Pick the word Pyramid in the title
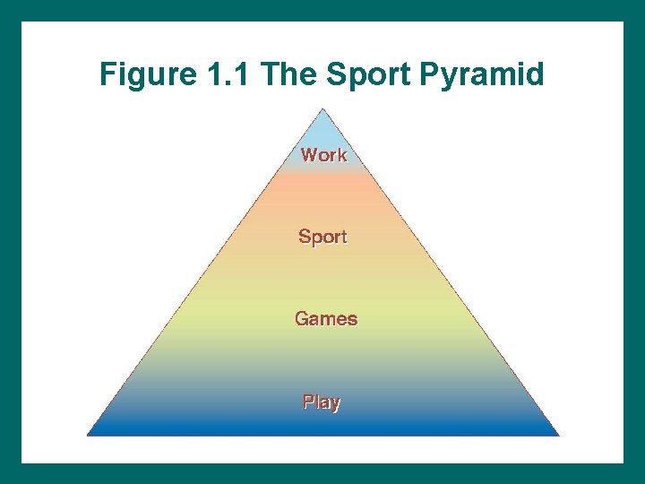point(481,75)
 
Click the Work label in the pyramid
point(323,154)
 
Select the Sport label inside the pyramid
point(322,237)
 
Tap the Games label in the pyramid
point(326,318)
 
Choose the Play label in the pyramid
point(322,402)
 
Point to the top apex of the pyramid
point(323,109)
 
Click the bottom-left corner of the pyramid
point(88,435)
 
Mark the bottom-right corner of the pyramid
point(559,435)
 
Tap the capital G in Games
point(302,318)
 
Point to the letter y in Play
point(335,403)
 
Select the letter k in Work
point(340,154)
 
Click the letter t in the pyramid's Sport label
point(344,237)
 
